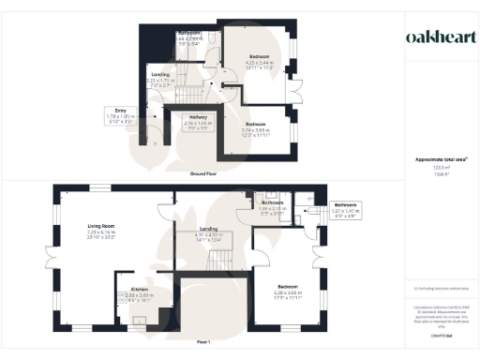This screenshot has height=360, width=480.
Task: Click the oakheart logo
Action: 438,37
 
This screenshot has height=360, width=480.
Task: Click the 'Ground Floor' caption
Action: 204,174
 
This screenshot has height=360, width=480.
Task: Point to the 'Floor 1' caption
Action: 204,343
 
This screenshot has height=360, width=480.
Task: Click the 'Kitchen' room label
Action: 130,291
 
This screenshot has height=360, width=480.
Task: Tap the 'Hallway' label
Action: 198,117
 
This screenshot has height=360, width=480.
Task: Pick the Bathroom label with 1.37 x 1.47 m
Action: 346,204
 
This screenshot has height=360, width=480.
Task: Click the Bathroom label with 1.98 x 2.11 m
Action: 273,202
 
